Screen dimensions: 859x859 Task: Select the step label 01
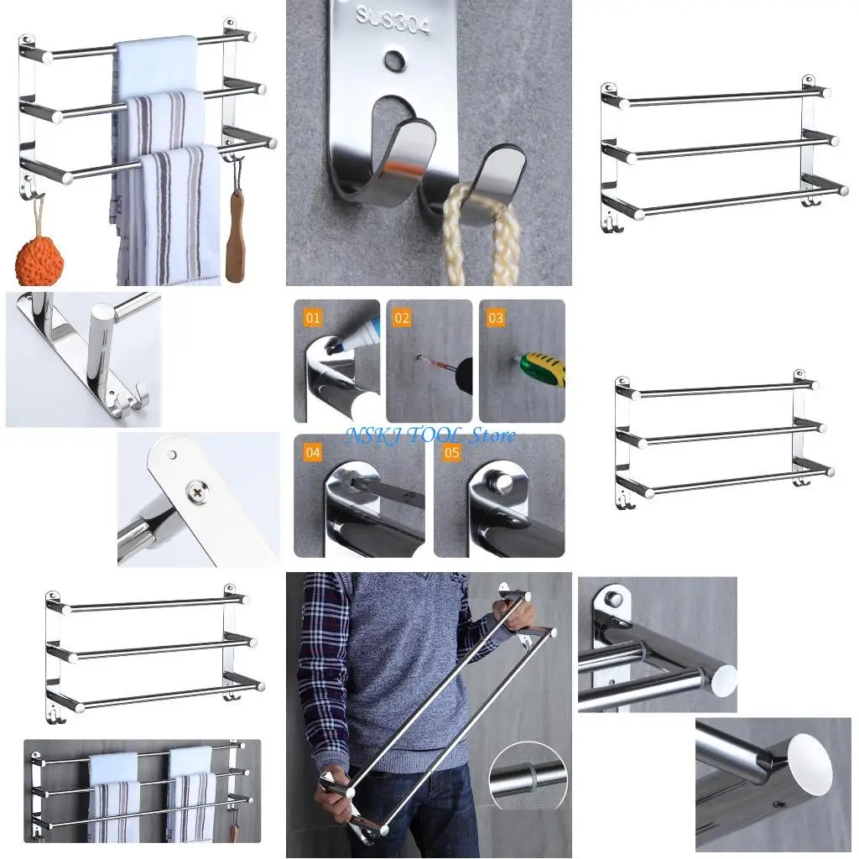[x=313, y=318]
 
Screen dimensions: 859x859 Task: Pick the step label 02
[x=403, y=318]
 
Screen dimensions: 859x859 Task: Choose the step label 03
[x=496, y=318]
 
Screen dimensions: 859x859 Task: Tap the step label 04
[x=313, y=452]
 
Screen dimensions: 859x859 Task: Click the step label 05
[x=452, y=452]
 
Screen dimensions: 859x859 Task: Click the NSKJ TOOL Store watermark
[x=431, y=435]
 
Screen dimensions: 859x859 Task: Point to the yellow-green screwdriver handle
[x=544, y=367]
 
